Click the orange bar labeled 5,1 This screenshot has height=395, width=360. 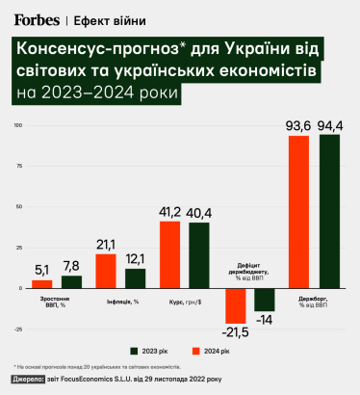[x=42, y=283]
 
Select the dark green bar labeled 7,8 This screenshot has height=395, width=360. [x=71, y=281]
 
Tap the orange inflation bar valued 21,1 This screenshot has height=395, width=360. [x=106, y=271]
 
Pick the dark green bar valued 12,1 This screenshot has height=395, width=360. [x=136, y=277]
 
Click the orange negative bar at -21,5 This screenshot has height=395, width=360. [x=235, y=306]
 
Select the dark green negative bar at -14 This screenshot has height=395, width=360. [x=265, y=300]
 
